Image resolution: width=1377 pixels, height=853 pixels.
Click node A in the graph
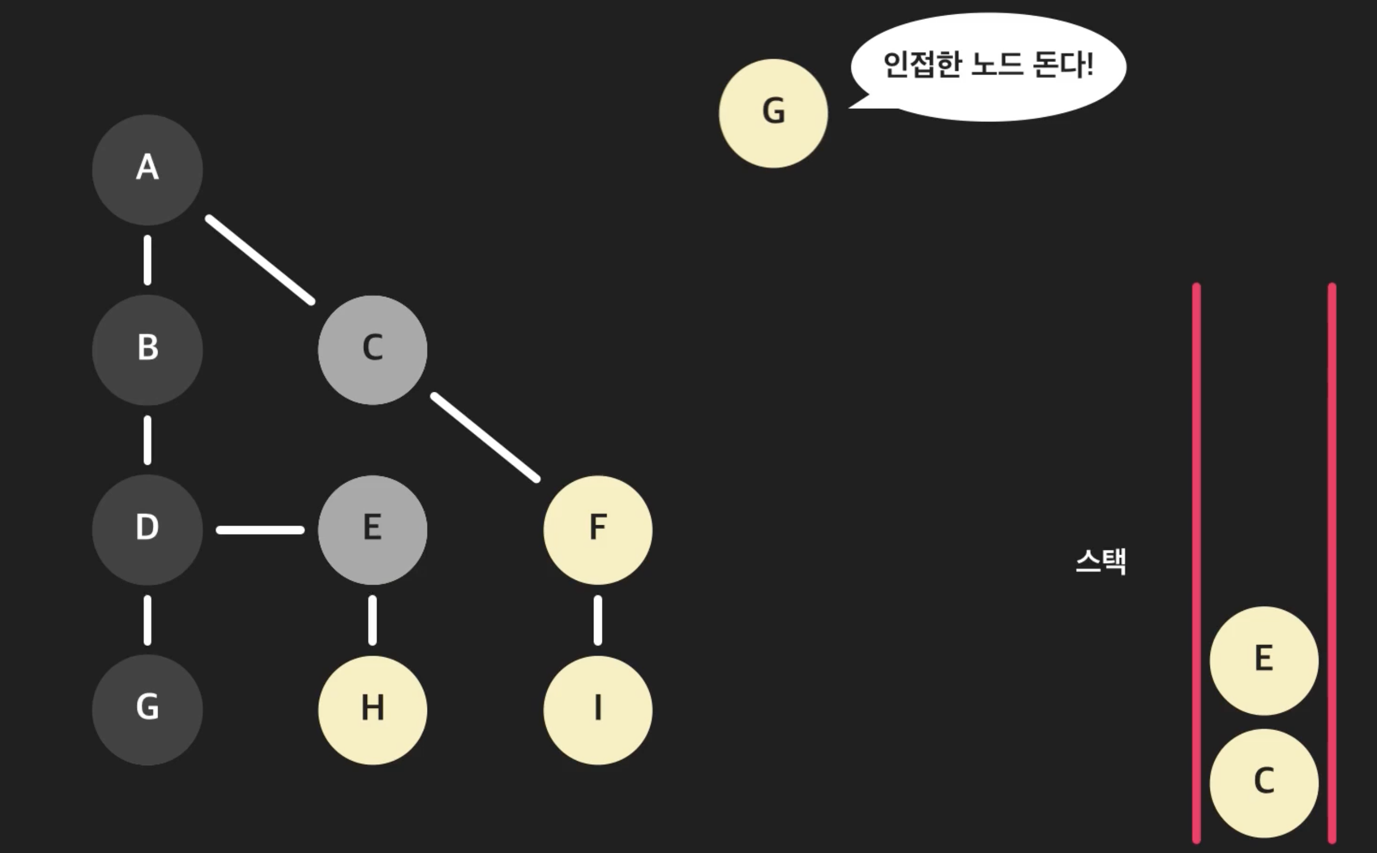pyautogui.click(x=147, y=170)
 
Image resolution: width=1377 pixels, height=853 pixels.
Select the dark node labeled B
pyautogui.click(x=147, y=350)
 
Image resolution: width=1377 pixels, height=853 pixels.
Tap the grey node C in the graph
pyautogui.click(x=372, y=350)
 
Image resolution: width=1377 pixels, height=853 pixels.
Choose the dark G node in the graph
pyautogui.click(x=147, y=710)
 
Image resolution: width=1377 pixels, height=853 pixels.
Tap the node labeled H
pyautogui.click(x=372, y=710)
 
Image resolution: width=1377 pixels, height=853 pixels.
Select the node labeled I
pyautogui.click(x=598, y=710)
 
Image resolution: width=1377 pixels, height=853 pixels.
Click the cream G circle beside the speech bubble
pyautogui.click(x=774, y=113)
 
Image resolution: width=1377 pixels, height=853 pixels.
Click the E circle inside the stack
pyautogui.click(x=1264, y=661)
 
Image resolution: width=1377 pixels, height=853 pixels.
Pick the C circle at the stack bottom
pyautogui.click(x=1264, y=783)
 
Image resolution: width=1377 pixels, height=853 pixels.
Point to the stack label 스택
pyautogui.click(x=1101, y=561)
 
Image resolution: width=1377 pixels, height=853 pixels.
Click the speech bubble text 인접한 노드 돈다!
pyautogui.click(x=988, y=65)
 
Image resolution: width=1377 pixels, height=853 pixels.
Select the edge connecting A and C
pyautogui.click(x=260, y=259)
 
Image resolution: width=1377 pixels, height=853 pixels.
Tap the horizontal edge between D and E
pyautogui.click(x=260, y=530)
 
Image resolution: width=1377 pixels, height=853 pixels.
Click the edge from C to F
pyautogui.click(x=485, y=438)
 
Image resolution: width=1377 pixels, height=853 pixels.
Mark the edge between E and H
pyautogui.click(x=372, y=620)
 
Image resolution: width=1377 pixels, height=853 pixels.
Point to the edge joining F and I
pyautogui.click(x=598, y=620)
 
